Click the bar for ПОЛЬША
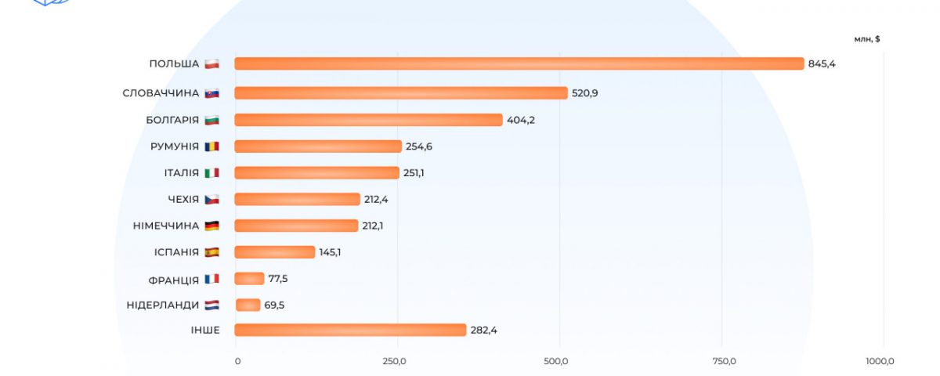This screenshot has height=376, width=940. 519,63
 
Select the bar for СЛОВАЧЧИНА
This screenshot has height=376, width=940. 400,93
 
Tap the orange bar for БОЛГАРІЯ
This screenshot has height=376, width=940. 368,120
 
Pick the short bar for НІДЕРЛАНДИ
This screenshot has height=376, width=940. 248,305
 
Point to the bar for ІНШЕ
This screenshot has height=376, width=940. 350,330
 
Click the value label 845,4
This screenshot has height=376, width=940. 822,64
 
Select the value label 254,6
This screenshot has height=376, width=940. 419,146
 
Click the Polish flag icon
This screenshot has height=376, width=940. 211,63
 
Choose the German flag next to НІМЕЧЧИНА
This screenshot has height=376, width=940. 211,226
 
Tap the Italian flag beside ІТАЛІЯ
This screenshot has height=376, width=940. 211,173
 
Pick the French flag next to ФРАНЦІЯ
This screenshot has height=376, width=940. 211,279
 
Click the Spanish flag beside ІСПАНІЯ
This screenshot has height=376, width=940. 211,252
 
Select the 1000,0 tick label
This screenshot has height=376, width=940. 880,361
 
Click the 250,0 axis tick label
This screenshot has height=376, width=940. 394,361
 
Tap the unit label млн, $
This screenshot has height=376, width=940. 867,38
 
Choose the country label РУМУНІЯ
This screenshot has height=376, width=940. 174,146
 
